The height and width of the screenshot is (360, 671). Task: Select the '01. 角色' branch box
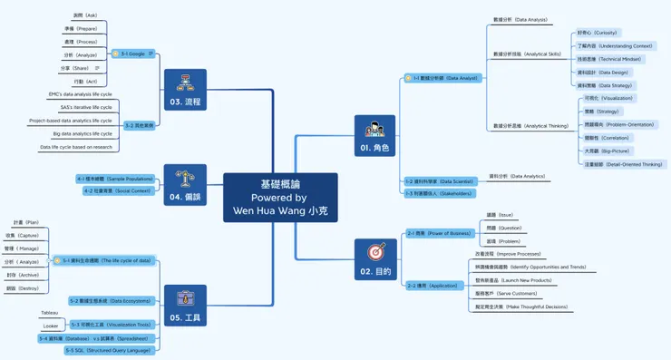[374, 136]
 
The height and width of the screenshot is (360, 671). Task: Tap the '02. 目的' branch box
[374, 259]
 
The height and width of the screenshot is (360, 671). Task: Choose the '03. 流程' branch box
[185, 90]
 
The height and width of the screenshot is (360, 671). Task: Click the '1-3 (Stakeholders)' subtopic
[439, 193]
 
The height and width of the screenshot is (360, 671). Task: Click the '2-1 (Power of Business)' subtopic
[439, 233]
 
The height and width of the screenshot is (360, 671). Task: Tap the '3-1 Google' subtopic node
[133, 54]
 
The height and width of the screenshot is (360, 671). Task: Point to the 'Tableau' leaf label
[49, 313]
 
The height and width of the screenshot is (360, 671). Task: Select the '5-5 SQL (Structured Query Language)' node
[108, 350]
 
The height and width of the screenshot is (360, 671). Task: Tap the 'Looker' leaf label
[50, 326]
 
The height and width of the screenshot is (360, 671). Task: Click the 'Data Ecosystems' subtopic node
[110, 300]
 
